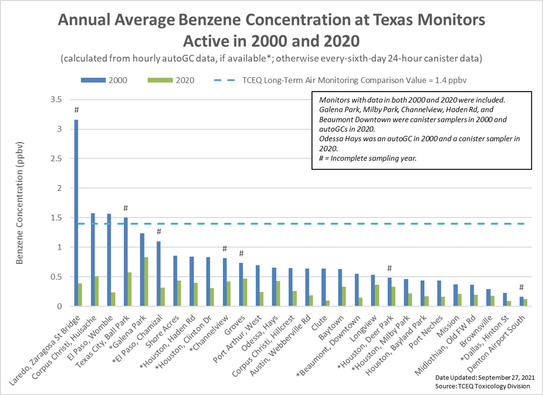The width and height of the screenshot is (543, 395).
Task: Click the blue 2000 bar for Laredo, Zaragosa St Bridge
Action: point(76,213)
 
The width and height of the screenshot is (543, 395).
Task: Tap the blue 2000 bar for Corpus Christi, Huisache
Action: point(93,259)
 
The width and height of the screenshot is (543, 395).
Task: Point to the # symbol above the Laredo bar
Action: point(76,110)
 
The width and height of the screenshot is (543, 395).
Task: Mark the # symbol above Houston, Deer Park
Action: point(389,268)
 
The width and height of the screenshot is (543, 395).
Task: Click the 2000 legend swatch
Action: point(93,80)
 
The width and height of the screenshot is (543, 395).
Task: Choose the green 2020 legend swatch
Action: point(160,80)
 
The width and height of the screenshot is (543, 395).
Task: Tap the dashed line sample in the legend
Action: point(224,80)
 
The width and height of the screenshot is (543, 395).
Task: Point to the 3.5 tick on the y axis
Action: point(56,99)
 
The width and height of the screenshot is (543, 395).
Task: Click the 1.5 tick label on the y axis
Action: point(56,218)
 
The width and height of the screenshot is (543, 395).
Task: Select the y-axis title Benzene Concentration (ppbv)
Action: point(20,203)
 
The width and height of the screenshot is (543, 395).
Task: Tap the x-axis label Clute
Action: point(319,323)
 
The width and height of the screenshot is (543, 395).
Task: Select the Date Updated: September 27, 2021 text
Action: point(485,377)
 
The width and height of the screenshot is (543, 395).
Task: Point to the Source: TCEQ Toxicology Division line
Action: point(482,386)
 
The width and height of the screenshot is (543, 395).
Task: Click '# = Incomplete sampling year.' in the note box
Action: point(368,158)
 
